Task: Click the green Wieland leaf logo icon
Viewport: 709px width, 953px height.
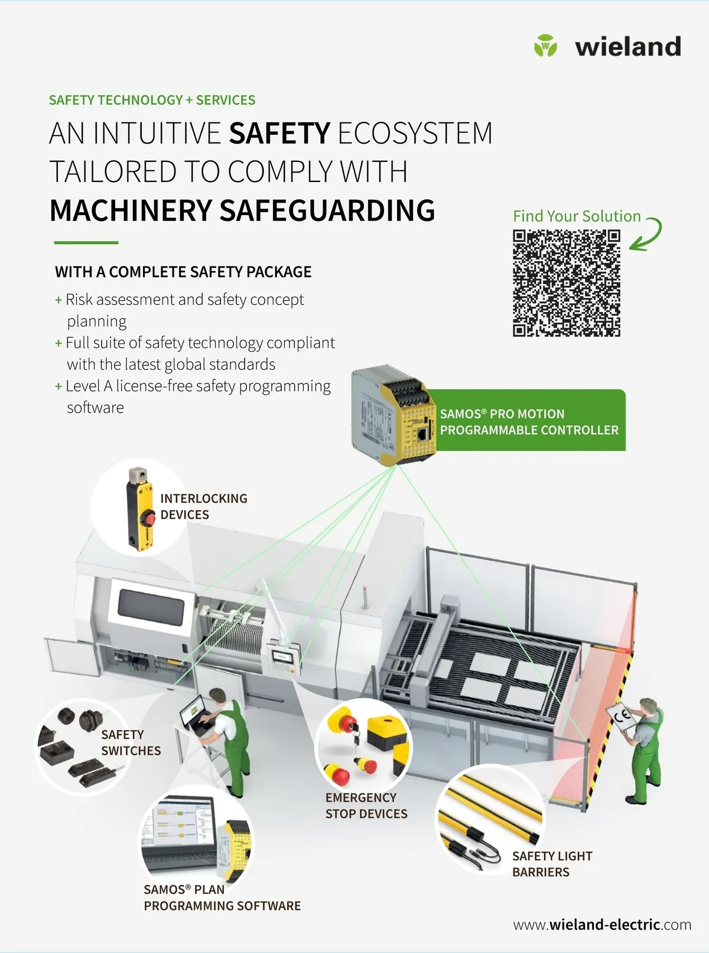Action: click(545, 45)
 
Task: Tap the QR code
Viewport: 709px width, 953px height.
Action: click(567, 283)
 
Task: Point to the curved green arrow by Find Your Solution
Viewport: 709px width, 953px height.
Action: click(649, 233)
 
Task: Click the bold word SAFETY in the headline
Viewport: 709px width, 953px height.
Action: click(279, 133)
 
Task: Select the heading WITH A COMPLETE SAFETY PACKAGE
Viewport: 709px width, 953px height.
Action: click(183, 272)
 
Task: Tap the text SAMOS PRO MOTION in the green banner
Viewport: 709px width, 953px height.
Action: click(502, 414)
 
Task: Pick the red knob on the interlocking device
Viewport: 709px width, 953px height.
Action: click(149, 518)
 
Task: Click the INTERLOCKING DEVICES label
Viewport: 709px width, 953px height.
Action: click(204, 506)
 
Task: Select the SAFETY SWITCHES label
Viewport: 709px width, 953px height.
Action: click(131, 743)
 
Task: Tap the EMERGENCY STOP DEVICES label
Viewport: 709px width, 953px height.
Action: click(366, 806)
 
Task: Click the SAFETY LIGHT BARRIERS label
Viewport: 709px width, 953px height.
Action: click(552, 864)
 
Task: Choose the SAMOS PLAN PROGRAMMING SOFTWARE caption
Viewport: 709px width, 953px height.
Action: click(222, 897)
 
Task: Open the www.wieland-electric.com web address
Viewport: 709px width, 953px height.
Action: click(602, 925)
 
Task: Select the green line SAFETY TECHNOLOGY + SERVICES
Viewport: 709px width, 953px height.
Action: click(152, 100)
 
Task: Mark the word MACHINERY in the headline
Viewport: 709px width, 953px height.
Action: click(131, 210)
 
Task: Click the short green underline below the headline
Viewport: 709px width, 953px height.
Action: click(86, 243)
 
